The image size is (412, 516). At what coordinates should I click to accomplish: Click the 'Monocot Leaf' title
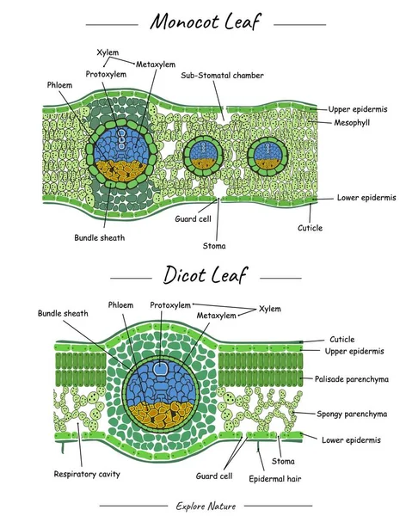click(205, 21)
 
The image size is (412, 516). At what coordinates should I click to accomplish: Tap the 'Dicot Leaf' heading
click(206, 276)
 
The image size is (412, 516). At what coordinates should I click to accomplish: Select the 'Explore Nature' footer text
click(206, 505)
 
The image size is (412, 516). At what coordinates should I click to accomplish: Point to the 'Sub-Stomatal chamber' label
click(222, 76)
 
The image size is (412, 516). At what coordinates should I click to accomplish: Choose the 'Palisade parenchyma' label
click(356, 378)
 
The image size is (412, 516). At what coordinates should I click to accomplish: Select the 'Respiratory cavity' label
click(86, 474)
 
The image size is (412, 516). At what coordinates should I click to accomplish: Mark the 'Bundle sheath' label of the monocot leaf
click(99, 237)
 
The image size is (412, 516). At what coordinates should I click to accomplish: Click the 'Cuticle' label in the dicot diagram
click(342, 340)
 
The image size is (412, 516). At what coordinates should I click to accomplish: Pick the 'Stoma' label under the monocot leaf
click(214, 245)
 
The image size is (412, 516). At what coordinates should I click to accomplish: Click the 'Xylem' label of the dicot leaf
click(269, 308)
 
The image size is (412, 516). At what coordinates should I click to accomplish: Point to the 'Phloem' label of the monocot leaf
click(60, 86)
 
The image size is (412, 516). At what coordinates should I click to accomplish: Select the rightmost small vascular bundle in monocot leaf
click(267, 156)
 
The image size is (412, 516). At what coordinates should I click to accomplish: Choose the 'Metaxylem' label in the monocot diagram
click(155, 64)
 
